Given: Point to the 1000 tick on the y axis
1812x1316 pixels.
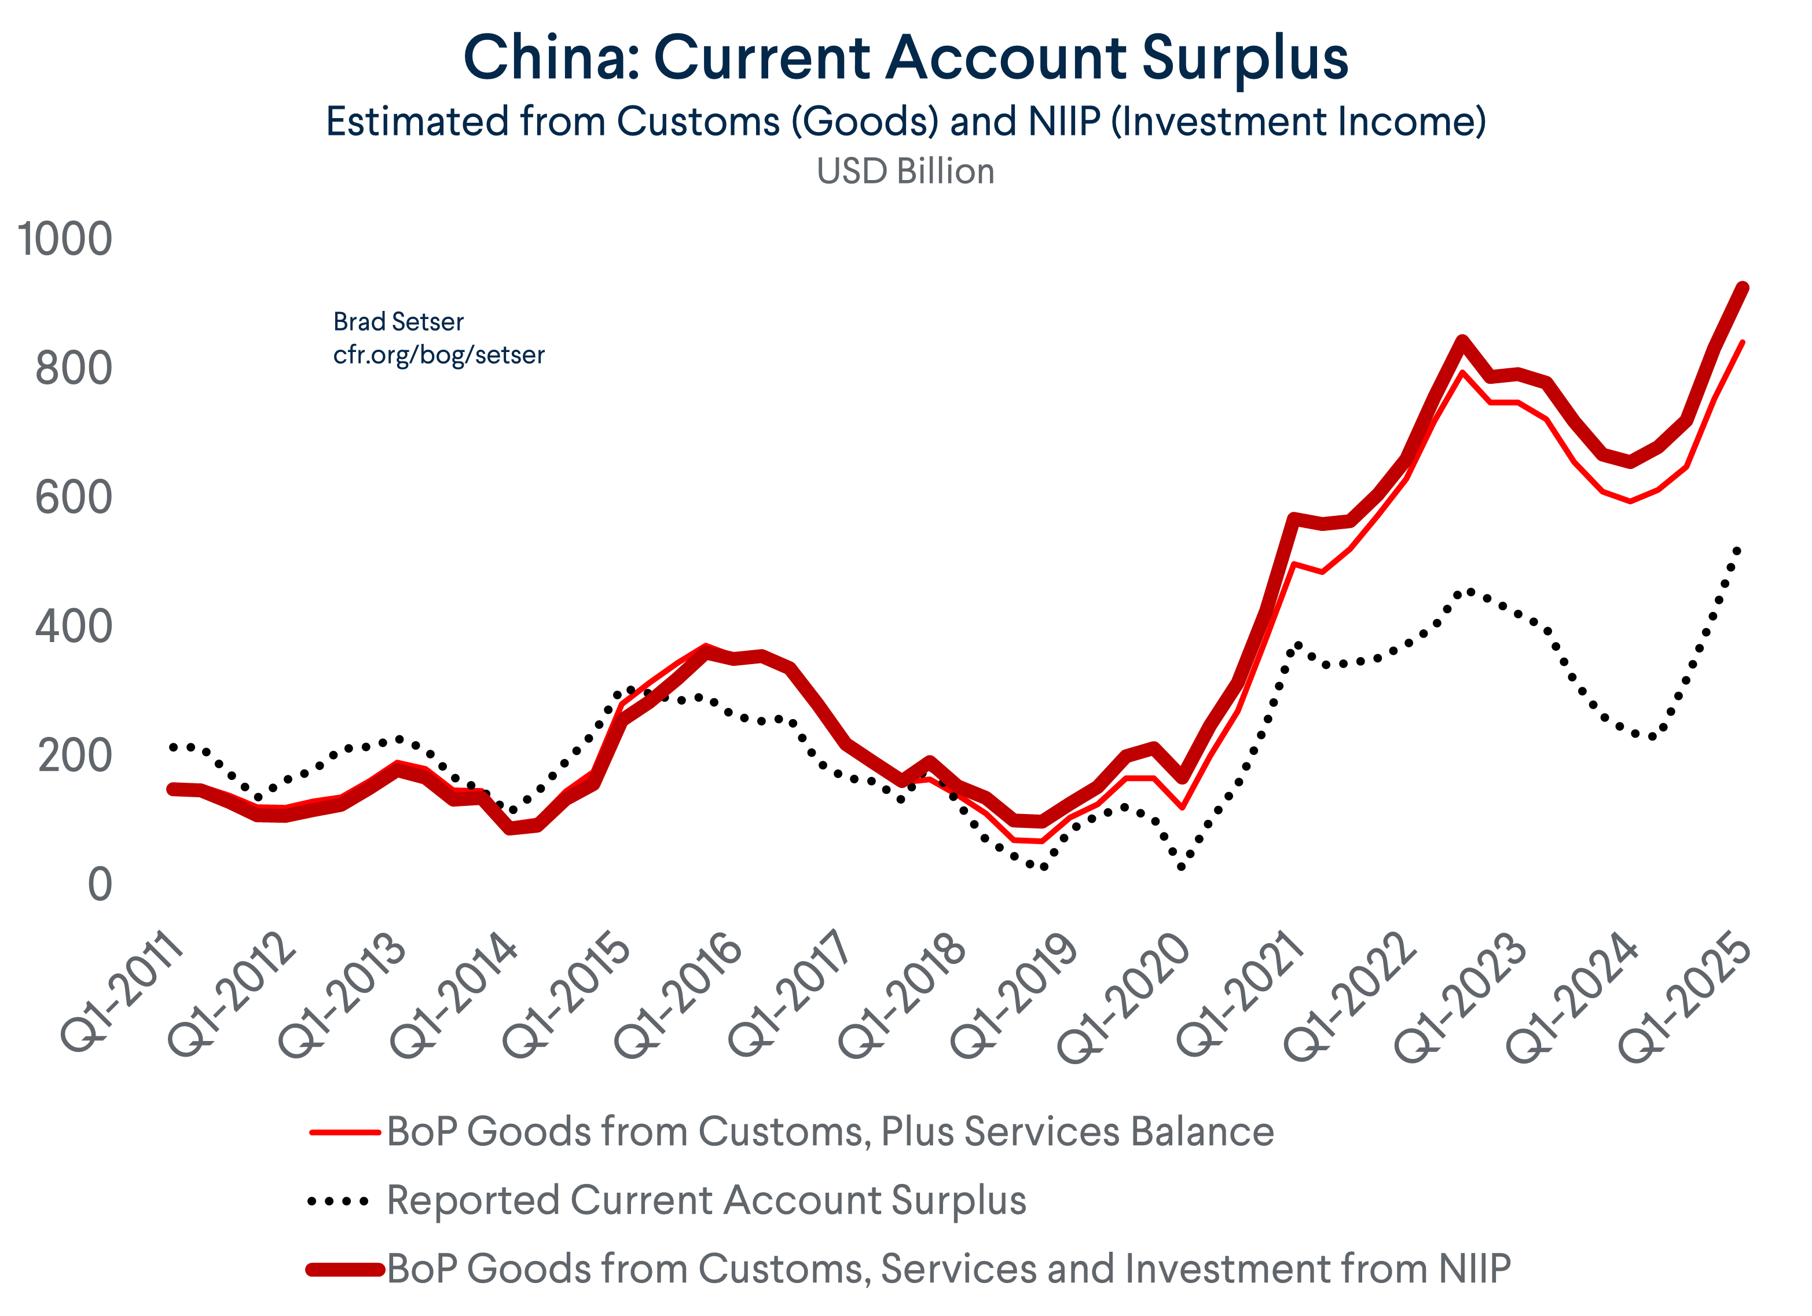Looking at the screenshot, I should click(64, 239).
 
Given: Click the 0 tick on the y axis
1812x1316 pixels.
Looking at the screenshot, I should click(100, 885).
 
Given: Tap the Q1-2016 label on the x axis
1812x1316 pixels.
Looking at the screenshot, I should click(677, 995).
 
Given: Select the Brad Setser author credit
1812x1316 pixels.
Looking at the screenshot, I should click(398, 321).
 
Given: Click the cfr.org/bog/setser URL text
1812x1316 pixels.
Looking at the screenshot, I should click(439, 355).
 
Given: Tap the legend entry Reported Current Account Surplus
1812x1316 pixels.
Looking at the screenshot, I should click(706, 1200).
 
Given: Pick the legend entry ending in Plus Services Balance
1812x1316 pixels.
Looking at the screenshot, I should click(830, 1131).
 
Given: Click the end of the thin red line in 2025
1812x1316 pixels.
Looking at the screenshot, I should click(1743, 342).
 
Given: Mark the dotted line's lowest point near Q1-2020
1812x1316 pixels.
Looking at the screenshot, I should click(1182, 866).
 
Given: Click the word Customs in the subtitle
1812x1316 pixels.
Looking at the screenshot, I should click(698, 122).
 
